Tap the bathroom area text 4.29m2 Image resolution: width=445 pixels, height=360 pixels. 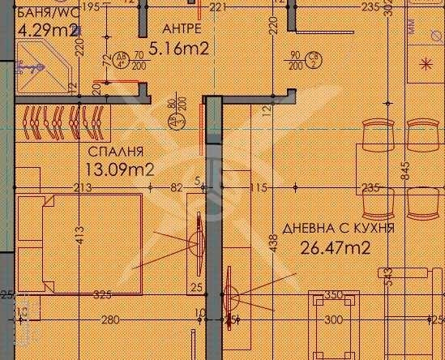click(x=48, y=32)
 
